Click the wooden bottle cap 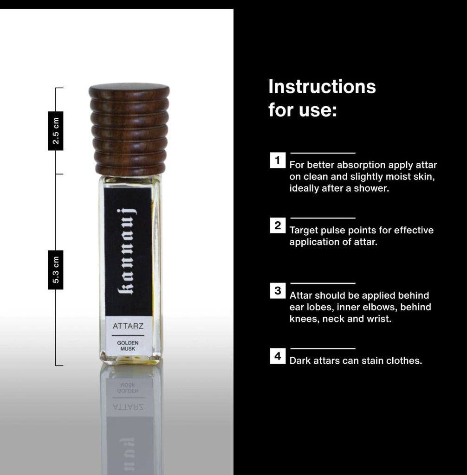pyautogui.click(x=129, y=129)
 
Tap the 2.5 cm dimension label pyautogui.click(x=56, y=131)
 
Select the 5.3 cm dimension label pyautogui.click(x=56, y=270)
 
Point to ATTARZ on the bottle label pyautogui.click(x=128, y=326)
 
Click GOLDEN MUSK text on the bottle pyautogui.click(x=128, y=346)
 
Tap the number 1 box pyautogui.click(x=278, y=160)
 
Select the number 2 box pyautogui.click(x=278, y=225)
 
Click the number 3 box pyautogui.click(x=278, y=291)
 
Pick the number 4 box pyautogui.click(x=278, y=356)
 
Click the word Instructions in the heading pyautogui.click(x=322, y=87)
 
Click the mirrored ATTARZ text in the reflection pyautogui.click(x=128, y=406)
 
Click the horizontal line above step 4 pyautogui.click(x=323, y=349)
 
